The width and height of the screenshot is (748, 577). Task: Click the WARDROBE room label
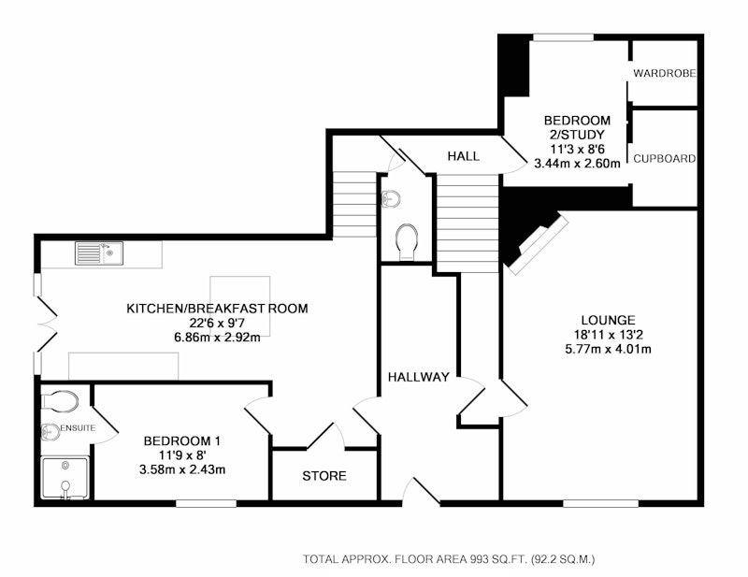[664, 73]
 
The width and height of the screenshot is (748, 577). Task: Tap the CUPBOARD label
[664, 158]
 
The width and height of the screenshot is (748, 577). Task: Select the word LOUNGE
[608, 320]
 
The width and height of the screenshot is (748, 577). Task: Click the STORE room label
[324, 476]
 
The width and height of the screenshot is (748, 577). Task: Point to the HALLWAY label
[418, 377]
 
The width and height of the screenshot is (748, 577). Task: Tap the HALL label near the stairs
[463, 156]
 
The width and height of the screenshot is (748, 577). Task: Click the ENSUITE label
[78, 428]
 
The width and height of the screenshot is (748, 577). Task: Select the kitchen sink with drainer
[99, 252]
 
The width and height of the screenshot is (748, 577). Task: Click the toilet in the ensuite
[60, 401]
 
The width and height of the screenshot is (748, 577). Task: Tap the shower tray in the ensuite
[65, 478]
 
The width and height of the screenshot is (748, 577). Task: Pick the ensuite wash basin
[50, 431]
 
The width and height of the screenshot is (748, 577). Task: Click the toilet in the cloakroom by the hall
[407, 242]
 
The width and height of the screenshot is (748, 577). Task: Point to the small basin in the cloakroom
[391, 198]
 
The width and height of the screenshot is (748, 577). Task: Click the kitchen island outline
[240, 306]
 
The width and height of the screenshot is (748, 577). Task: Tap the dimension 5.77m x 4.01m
[608, 349]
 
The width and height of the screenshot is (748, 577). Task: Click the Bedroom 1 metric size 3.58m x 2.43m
[182, 469]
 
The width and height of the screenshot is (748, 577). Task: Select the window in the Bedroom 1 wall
[206, 503]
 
